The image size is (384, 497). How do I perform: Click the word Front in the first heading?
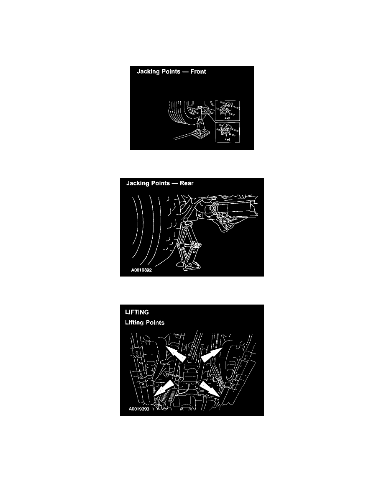[198, 72]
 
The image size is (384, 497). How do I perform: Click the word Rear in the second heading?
[187, 183]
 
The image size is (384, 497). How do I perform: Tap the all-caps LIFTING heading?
[137, 312]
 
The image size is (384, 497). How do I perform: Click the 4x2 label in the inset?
[228, 118]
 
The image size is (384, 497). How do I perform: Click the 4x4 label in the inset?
[228, 139]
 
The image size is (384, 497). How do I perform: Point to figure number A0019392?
[141, 270]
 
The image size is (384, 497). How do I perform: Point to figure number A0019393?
[139, 409]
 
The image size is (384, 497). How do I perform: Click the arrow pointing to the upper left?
[176, 354]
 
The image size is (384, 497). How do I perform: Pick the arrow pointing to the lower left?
[164, 389]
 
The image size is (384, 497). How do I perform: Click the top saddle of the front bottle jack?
[201, 109]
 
